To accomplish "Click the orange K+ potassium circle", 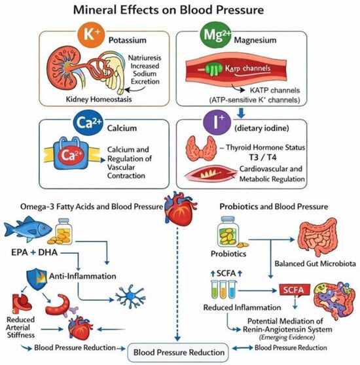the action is [91, 35].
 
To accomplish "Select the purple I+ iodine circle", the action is [217, 122].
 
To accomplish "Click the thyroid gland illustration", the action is [202, 148].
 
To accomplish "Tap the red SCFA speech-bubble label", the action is [295, 290].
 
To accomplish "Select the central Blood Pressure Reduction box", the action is [179, 353].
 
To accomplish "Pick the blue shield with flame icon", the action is [37, 279].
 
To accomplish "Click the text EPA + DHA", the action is [34, 252].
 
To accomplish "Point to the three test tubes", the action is [223, 289].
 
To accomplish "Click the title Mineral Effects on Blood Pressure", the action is [168, 10].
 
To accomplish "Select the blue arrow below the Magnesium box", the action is [241, 113].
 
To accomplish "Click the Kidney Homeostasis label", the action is [99, 99].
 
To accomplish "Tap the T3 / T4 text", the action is [263, 158].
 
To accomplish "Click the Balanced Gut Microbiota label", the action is [315, 264].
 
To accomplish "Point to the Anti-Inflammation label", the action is [82, 276].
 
